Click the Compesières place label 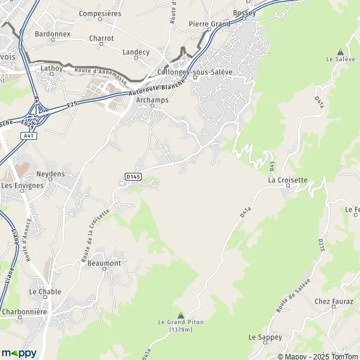point(100,13)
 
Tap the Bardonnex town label point(53,34)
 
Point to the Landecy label point(136,52)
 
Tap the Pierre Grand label point(209,24)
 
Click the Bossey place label point(244,13)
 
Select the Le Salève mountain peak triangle point(341,52)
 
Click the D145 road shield point(133,176)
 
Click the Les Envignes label point(22,185)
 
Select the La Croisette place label point(288,180)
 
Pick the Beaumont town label point(104,263)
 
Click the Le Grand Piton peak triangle point(181,314)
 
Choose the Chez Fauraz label point(334,301)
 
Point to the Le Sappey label point(265,338)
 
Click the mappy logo point(19,353)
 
